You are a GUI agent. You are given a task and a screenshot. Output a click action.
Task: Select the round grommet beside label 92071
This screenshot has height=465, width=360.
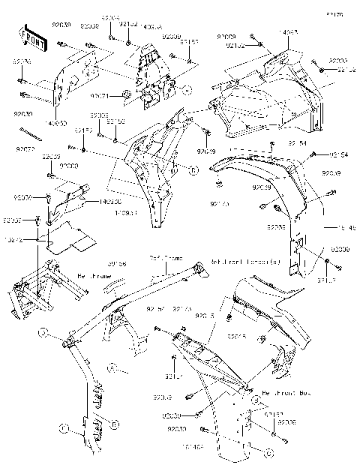(x=127, y=94)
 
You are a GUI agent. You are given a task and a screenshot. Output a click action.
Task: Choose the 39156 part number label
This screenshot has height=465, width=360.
(x=116, y=263)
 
